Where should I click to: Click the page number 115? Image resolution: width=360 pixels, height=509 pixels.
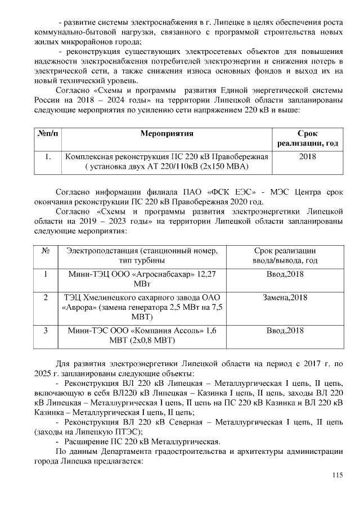coord(337,475)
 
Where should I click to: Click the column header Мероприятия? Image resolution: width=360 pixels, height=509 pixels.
coord(166,133)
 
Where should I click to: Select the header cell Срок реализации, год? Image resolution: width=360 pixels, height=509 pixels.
coord(307,138)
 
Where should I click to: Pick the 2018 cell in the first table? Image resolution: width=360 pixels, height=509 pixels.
coord(307,156)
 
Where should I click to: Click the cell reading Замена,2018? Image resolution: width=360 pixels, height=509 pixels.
coord(285,297)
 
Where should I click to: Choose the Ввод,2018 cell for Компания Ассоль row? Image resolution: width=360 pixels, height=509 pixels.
coord(285,330)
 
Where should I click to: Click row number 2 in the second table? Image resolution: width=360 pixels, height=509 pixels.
coord(45,297)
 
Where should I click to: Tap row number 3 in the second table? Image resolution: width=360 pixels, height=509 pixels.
coord(45,330)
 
